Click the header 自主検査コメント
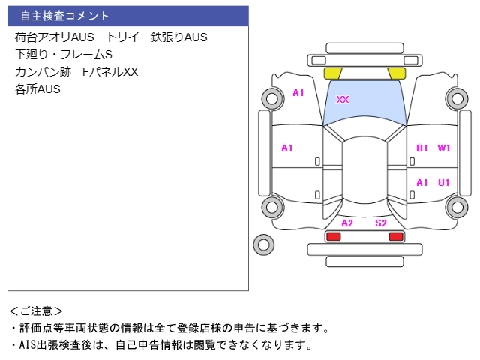tap(64, 16)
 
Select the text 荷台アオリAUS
tap(55, 37)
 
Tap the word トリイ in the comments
tap(123, 37)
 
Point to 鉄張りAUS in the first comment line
tap(179, 37)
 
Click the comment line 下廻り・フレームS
tap(64, 55)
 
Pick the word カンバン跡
tap(43, 72)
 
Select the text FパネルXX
tap(110, 72)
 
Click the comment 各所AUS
tap(37, 88)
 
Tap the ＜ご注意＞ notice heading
tap(36, 311)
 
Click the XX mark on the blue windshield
tap(343, 99)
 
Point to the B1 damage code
tap(421, 148)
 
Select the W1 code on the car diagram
tap(444, 148)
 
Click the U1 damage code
tap(444, 183)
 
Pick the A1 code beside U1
tap(421, 183)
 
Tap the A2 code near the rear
tap(347, 223)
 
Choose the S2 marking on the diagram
tap(381, 223)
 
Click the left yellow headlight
tap(332, 73)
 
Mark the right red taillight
tap(396, 236)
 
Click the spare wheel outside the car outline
tap(264, 244)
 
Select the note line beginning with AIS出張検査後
tap(162, 345)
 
